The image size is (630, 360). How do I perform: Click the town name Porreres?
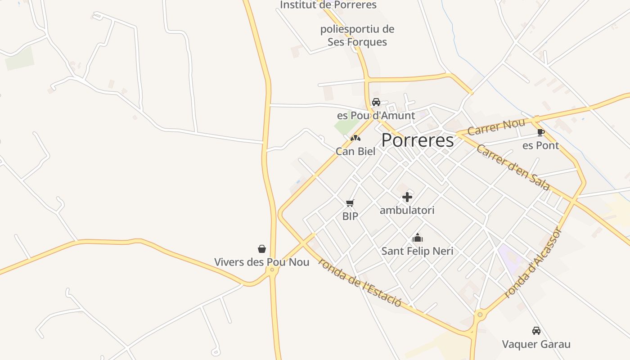coord(418,140)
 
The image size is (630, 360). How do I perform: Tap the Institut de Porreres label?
coord(328,5)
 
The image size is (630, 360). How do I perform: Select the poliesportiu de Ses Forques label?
coord(357,36)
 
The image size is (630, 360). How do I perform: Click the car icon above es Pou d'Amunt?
coord(376,102)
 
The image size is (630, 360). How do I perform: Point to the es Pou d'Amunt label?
coord(376,116)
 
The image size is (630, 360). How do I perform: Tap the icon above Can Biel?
coord(355,138)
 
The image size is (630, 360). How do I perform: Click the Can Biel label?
coord(355,151)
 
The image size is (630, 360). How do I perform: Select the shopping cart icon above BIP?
coord(350,203)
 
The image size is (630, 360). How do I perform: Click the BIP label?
coord(350,216)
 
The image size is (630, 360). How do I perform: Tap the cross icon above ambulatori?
coord(407,197)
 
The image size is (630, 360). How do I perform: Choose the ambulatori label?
coord(407,210)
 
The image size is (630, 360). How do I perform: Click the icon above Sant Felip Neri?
coord(418,238)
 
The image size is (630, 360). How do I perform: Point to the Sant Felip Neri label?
coord(418,251)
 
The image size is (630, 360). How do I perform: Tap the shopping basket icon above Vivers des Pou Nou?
coord(262,249)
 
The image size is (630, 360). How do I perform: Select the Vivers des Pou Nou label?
coord(262,262)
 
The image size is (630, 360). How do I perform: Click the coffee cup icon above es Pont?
coord(540,132)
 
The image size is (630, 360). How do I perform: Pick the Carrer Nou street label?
coord(496,127)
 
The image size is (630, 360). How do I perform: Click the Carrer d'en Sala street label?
coord(513,167)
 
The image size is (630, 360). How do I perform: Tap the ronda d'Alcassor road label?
coord(533,263)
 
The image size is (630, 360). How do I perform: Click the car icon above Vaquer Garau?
coord(536,331)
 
